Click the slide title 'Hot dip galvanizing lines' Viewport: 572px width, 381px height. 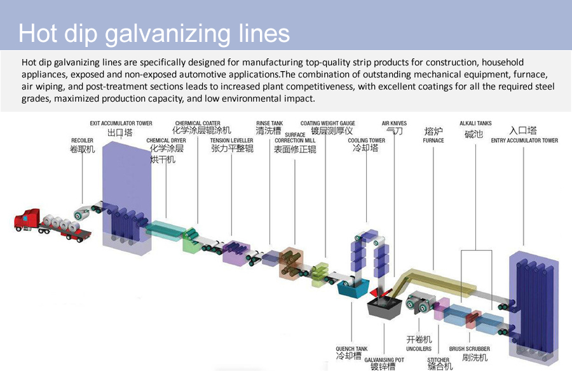[154, 33]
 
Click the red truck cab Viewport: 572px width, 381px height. [27, 220]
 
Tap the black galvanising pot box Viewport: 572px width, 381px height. [384, 310]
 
